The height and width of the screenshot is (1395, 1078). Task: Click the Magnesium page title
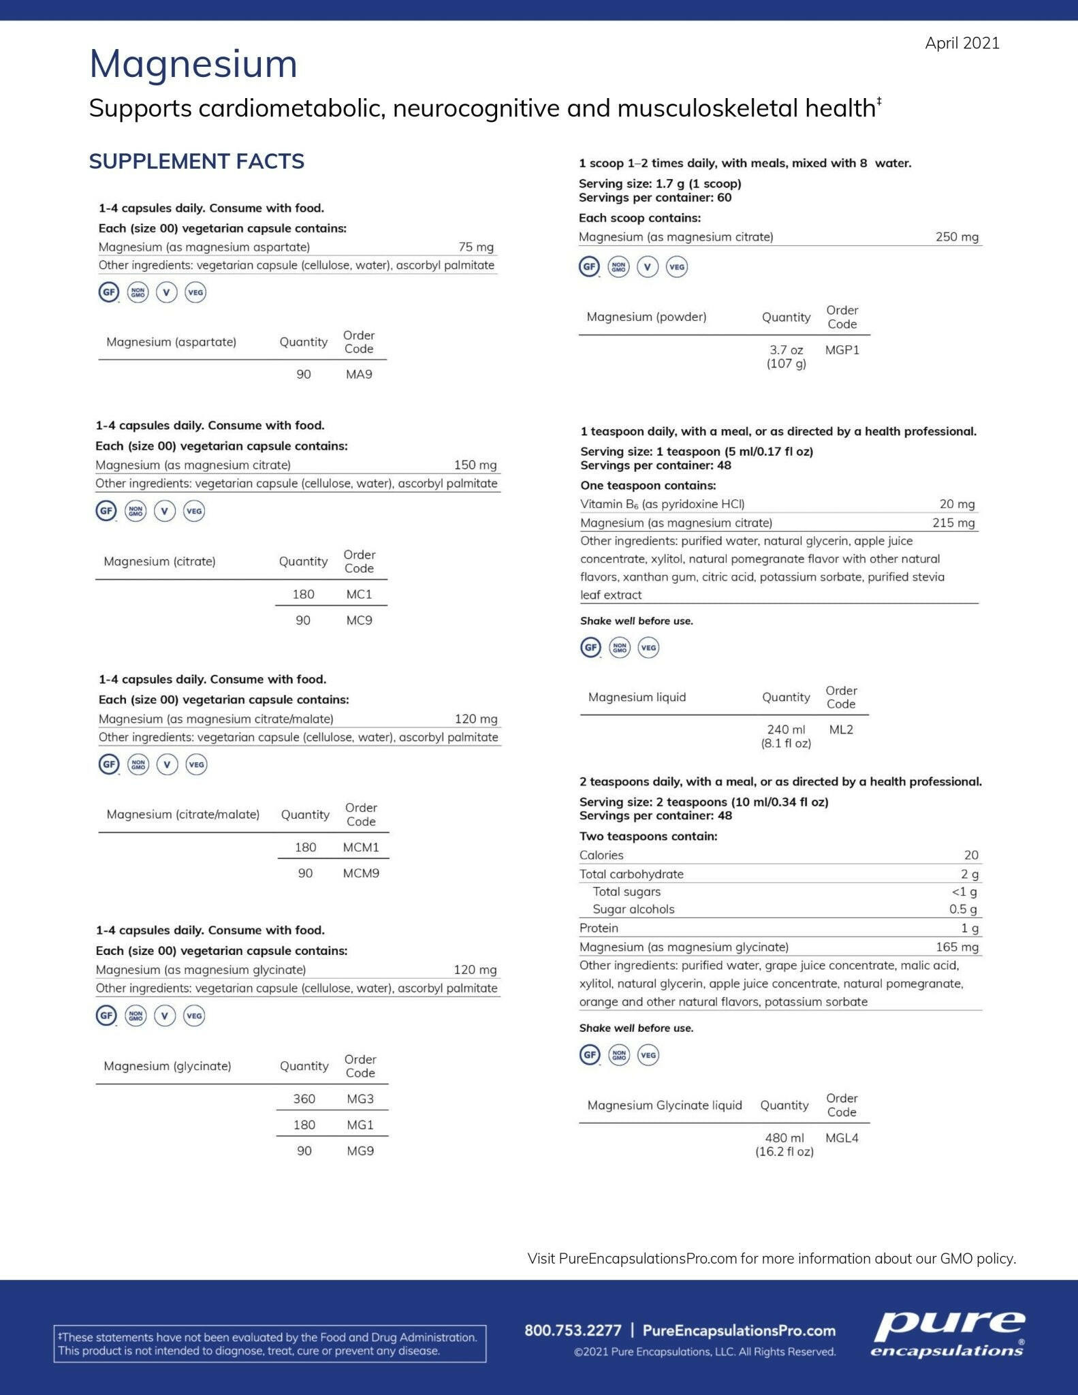(193, 64)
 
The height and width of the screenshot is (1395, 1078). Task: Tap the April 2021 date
(962, 43)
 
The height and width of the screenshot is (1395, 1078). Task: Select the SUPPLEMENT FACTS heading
(197, 161)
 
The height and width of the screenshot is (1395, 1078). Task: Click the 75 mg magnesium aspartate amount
(475, 247)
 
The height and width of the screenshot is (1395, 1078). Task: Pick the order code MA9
(359, 374)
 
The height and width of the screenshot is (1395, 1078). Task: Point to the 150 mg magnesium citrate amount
(475, 465)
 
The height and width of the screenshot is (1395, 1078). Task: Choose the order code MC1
(359, 594)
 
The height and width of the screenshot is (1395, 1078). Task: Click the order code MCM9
(361, 873)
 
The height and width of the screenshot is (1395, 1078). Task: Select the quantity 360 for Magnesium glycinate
(304, 1099)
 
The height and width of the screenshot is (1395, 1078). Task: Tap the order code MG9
(360, 1150)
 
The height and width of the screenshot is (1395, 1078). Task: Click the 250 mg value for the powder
(956, 237)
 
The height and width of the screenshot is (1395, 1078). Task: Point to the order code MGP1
(842, 350)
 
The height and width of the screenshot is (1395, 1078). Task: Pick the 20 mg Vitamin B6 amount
(957, 504)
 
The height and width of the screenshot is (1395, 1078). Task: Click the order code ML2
(841, 730)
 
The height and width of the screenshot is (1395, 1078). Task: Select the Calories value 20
(970, 855)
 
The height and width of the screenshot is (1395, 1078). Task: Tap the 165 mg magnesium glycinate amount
(956, 947)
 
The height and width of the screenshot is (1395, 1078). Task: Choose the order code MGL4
(842, 1138)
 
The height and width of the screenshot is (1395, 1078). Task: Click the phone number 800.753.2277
(573, 1330)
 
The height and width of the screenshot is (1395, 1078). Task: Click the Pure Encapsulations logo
(948, 1334)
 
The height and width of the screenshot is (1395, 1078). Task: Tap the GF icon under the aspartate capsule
(109, 292)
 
